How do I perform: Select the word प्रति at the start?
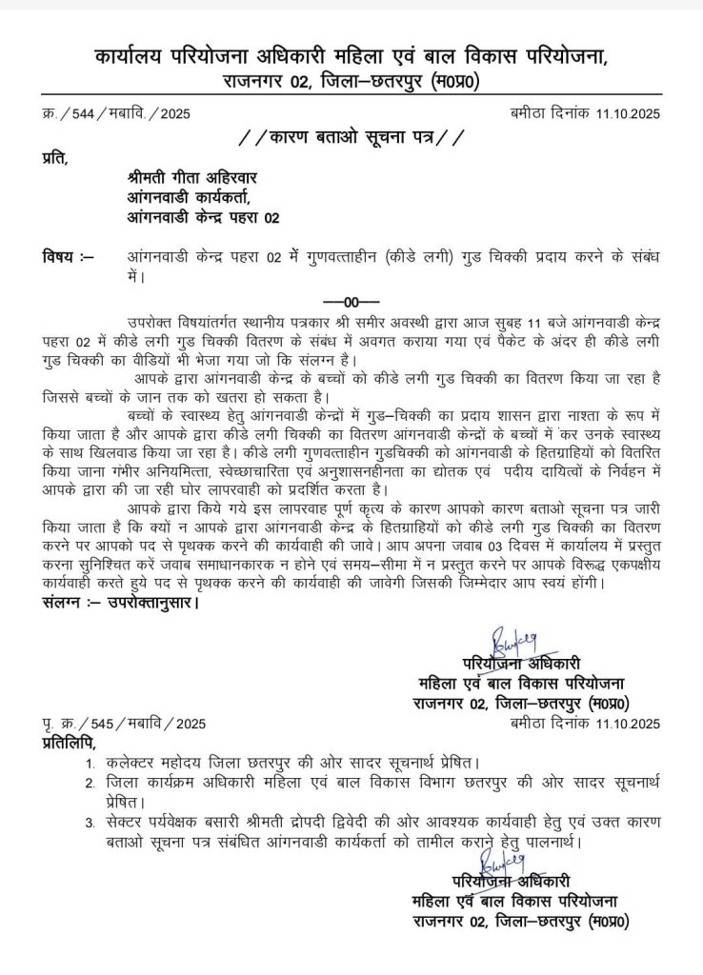54,157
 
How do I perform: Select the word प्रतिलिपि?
68,742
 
